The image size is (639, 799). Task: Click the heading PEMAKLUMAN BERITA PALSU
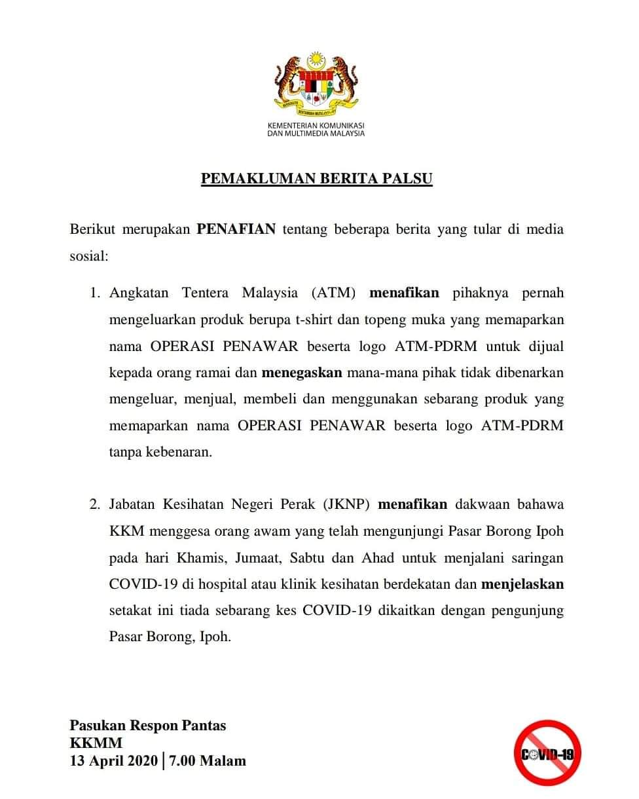316,179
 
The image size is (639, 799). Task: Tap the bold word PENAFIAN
236,230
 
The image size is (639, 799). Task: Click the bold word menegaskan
302,372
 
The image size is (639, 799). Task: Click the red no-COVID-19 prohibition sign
547,754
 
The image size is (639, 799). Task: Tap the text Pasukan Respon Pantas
148,725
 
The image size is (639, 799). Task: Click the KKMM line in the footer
96,743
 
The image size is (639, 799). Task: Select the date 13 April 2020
114,760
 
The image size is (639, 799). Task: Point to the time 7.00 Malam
208,760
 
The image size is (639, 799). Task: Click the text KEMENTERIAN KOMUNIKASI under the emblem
316,125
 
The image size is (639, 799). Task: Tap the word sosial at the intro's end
88,256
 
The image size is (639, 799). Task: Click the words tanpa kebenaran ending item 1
160,452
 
